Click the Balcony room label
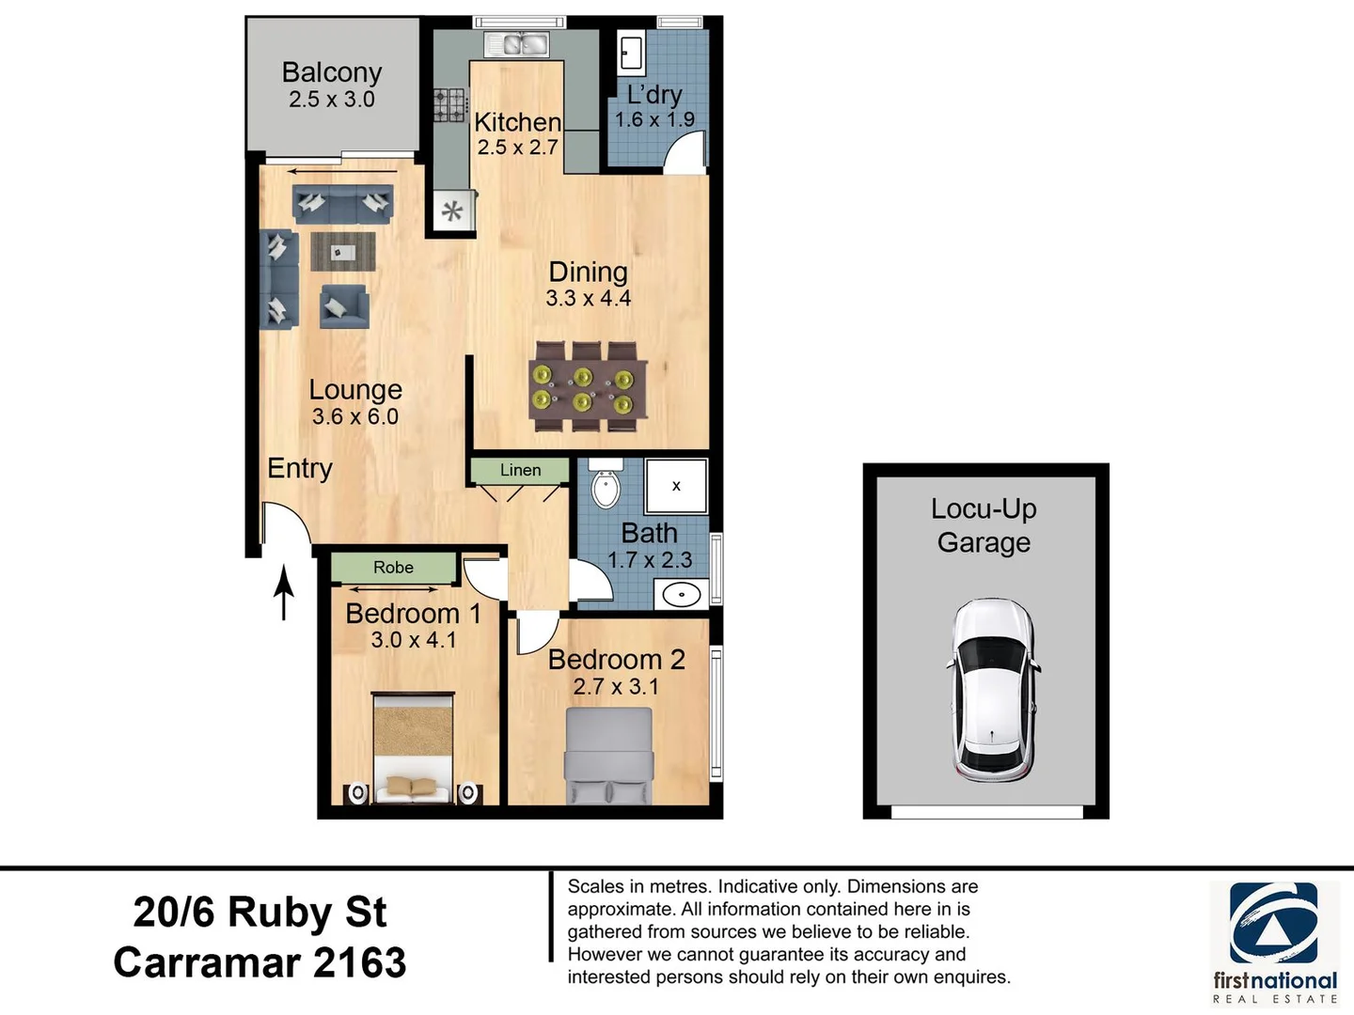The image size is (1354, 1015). pos(332,72)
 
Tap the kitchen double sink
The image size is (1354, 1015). pos(517,44)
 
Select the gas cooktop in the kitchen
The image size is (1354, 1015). pos(450,104)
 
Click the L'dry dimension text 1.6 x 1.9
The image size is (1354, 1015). pos(654,119)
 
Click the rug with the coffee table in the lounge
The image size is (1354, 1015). pos(343,252)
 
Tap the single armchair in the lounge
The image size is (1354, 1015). pos(344,306)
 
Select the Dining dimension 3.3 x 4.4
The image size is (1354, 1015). pos(588,298)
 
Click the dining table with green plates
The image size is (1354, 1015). pos(589,386)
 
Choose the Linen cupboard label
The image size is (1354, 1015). pos(521,470)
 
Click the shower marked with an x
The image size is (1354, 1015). pos(676,486)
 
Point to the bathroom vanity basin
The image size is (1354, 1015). pos(681,595)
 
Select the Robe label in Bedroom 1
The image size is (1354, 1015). pos(394,568)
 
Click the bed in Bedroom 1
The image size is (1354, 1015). pos(414,748)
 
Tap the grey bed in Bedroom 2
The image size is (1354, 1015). pos(609,756)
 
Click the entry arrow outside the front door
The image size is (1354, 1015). pos(284,592)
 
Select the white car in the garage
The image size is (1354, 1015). pos(992,690)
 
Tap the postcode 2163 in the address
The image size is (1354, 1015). pos(359,962)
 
